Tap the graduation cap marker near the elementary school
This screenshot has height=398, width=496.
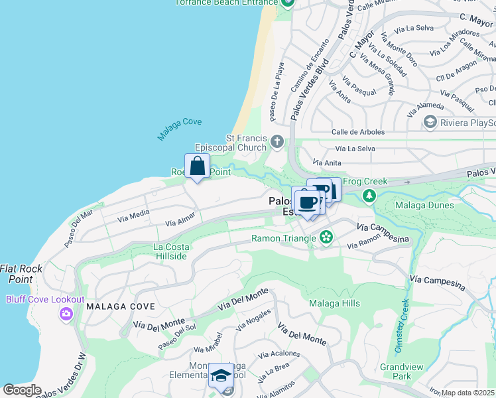tap(221, 375)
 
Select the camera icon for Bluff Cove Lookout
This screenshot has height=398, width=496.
tap(66, 313)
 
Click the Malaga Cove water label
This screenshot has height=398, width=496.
tap(179, 129)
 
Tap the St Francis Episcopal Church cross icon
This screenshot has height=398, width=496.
tap(277, 141)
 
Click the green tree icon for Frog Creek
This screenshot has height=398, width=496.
tap(369, 196)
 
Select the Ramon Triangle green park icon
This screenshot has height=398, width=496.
tap(326, 237)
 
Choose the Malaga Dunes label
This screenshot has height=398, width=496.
tap(424, 205)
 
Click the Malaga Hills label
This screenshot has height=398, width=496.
tap(334, 304)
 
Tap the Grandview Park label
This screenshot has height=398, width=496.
tap(396, 371)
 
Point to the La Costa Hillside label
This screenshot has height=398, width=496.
tap(171, 251)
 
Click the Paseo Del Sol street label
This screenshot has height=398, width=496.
tap(177, 337)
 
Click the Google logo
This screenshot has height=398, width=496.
tap(22, 390)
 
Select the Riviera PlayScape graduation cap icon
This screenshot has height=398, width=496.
tap(430, 122)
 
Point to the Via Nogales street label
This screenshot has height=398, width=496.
tap(253, 320)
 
